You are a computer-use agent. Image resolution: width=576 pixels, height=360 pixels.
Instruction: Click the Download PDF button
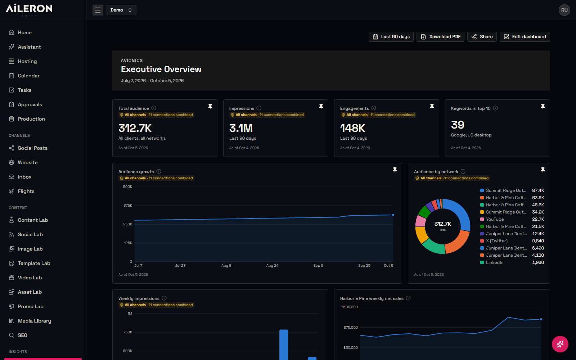[440, 37]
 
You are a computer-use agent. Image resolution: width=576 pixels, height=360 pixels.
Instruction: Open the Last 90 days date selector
[391, 37]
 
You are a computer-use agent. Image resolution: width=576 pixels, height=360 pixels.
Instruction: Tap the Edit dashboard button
[525, 37]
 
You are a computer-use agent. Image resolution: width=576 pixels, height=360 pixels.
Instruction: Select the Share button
[482, 37]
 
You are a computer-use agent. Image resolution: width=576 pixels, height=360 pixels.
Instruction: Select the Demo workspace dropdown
[121, 10]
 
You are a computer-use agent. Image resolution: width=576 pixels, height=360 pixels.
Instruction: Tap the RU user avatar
[564, 10]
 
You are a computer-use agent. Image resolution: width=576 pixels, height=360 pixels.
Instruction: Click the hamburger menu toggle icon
[98, 10]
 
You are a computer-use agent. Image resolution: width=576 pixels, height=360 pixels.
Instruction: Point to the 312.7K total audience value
[135, 128]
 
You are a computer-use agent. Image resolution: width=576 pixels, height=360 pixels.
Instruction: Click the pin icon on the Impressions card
[321, 107]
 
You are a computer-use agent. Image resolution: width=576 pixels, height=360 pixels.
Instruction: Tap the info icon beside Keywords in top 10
[495, 108]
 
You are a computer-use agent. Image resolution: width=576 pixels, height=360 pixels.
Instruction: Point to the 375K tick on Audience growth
[128, 206]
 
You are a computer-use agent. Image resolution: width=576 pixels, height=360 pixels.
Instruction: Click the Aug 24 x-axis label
[272, 266]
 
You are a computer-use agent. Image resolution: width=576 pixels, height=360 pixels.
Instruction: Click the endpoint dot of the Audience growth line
[393, 215]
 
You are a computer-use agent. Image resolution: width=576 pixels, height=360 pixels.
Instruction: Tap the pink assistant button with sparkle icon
[560, 344]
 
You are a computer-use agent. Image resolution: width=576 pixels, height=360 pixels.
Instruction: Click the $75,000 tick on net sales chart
[351, 327]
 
